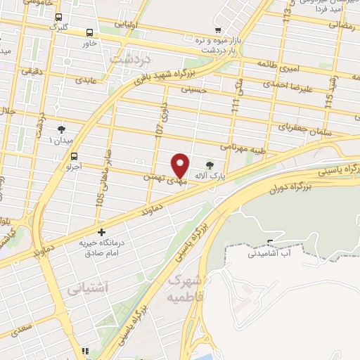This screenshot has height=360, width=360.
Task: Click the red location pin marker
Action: pyautogui.click(x=181, y=165)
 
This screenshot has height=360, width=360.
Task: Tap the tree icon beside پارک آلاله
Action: pyautogui.click(x=210, y=165)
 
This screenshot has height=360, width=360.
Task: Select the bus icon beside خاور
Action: pyautogui.click(x=89, y=32)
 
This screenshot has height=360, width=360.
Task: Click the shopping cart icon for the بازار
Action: pyautogui.click(x=219, y=30)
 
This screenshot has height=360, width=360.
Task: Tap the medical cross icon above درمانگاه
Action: pyautogui.click(x=101, y=232)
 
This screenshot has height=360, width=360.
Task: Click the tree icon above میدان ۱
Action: pyautogui.click(x=62, y=129)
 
